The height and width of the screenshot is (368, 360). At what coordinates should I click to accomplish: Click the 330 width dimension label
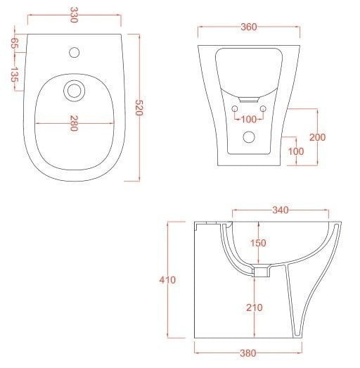click(74, 15)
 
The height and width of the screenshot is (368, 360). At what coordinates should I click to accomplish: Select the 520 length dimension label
click(139, 108)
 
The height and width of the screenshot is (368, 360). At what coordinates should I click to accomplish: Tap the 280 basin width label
click(74, 123)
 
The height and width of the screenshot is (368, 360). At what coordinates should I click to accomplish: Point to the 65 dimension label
click(14, 43)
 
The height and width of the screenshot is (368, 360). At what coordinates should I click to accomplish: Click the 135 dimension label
click(14, 75)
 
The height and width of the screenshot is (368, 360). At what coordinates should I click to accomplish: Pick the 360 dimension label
click(249, 27)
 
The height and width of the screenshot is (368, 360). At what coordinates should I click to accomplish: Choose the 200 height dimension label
click(317, 137)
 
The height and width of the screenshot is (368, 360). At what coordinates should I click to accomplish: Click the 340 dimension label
click(281, 210)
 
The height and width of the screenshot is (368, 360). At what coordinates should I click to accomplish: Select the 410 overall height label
click(167, 280)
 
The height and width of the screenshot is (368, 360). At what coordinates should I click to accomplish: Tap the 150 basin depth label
click(258, 243)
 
